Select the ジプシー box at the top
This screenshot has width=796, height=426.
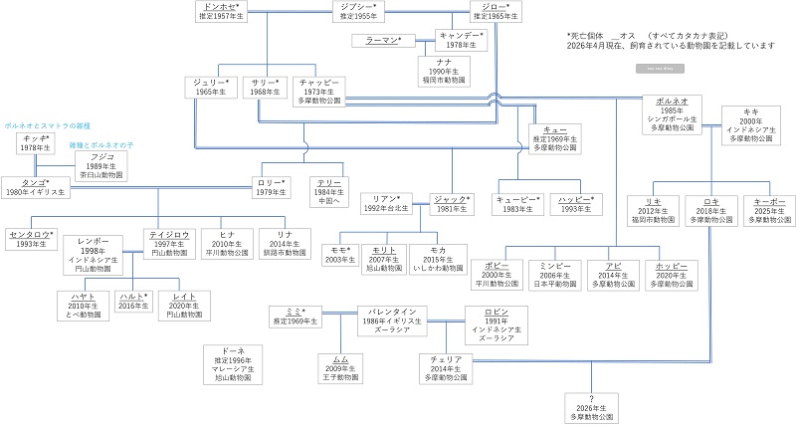pyautogui.click(x=359, y=12)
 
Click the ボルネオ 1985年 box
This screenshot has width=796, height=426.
pyautogui.click(x=673, y=113)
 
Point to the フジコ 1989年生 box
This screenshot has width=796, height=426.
pyautogui.click(x=100, y=164)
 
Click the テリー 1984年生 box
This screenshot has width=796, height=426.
pyautogui.click(x=328, y=190)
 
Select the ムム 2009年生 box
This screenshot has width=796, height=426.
pyautogui.click(x=340, y=366)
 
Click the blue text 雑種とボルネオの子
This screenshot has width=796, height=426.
pyautogui.click(x=99, y=144)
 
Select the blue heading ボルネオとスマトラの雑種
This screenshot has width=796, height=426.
pyautogui.click(x=47, y=126)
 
